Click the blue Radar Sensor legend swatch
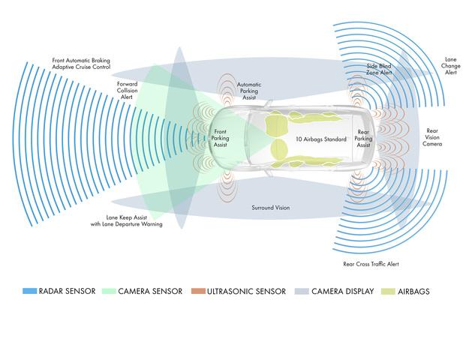click(x=29, y=291)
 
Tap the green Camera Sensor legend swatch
click(x=109, y=291)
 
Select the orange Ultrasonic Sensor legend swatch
click(x=198, y=291)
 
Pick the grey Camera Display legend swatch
click(x=302, y=291)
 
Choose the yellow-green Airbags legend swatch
click(x=388, y=291)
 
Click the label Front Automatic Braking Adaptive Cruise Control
click(x=81, y=64)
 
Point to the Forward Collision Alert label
click(x=127, y=91)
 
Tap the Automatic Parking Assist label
click(x=249, y=91)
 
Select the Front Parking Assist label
click(x=220, y=138)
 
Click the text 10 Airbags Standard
click(x=321, y=139)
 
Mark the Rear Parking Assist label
click(x=363, y=139)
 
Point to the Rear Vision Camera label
click(x=432, y=137)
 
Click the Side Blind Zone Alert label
click(x=379, y=69)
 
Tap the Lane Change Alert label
click(x=450, y=66)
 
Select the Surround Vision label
click(x=270, y=208)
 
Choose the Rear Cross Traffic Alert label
click(x=371, y=264)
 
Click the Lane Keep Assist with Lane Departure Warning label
click(x=126, y=221)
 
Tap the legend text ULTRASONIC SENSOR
click(x=246, y=292)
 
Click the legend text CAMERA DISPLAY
click(x=342, y=292)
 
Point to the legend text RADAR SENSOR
click(x=67, y=291)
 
